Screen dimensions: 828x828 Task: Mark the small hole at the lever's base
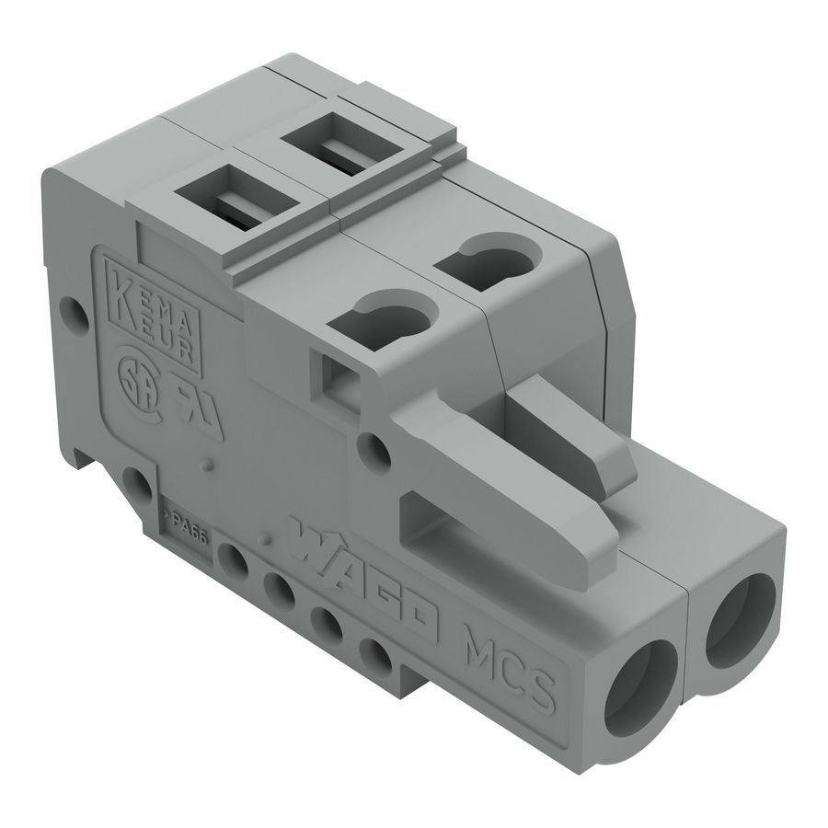point(374,450)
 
